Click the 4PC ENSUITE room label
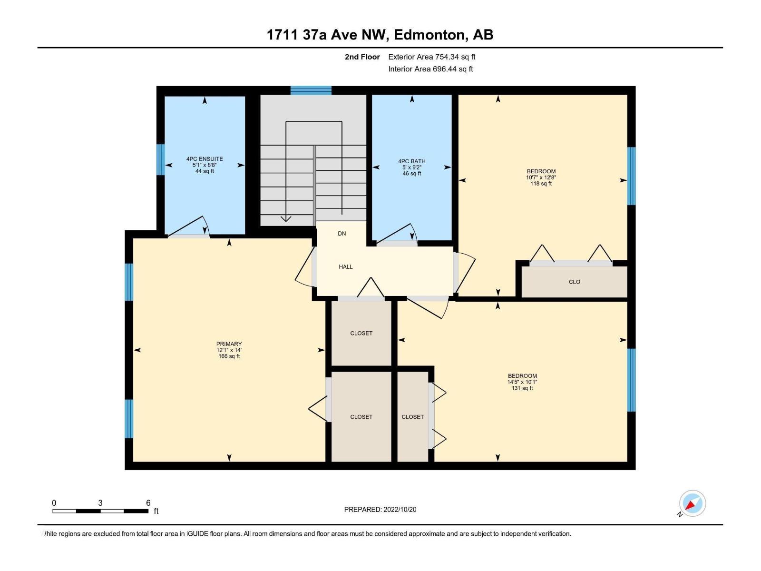pyautogui.click(x=205, y=159)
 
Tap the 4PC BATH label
pyautogui.click(x=412, y=161)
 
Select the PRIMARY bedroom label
pyautogui.click(x=229, y=344)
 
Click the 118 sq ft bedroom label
pyautogui.click(x=541, y=171)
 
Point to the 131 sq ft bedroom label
pyautogui.click(x=522, y=376)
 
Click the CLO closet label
pyautogui.click(x=575, y=282)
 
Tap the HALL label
pyautogui.click(x=346, y=267)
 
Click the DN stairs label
pyautogui.click(x=341, y=234)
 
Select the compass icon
pyautogui.click(x=692, y=503)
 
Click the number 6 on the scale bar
pyautogui.click(x=148, y=503)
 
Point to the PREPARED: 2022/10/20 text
pyautogui.click(x=380, y=510)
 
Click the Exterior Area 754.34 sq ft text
pyautogui.click(x=431, y=57)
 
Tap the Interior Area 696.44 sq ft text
pyautogui.click(x=430, y=69)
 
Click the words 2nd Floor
pyautogui.click(x=362, y=57)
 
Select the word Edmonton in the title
pyautogui.click(x=429, y=35)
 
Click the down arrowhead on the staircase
pyautogui.click(x=286, y=219)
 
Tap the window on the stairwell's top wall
pyautogui.click(x=311, y=90)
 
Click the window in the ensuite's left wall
pyautogui.click(x=161, y=159)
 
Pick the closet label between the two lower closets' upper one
pyautogui.click(x=361, y=333)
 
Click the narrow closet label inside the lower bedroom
pyautogui.click(x=412, y=417)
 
